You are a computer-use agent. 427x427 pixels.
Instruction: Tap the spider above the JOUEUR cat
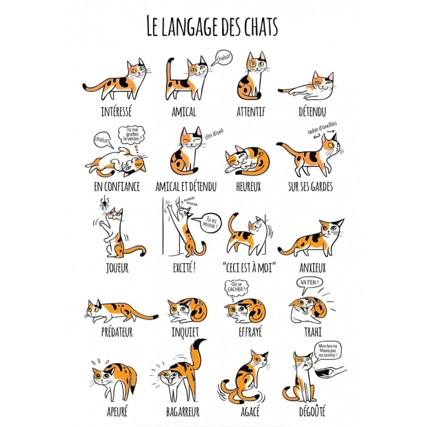point(104,202)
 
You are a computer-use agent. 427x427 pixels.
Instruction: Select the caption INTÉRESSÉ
point(116,112)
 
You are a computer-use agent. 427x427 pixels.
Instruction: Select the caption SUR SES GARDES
point(311,187)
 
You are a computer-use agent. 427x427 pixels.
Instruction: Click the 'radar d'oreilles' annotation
point(322,128)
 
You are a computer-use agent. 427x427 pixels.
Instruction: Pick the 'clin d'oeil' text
point(214,134)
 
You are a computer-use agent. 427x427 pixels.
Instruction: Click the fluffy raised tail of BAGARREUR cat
point(196,354)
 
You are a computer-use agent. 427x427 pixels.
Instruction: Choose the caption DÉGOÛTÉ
point(312,411)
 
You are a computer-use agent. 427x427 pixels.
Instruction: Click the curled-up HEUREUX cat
point(247,161)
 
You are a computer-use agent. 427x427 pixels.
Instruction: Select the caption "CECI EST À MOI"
point(249,268)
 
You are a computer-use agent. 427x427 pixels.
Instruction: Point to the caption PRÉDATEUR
point(117,332)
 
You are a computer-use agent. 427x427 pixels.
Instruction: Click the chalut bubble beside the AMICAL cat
point(222,58)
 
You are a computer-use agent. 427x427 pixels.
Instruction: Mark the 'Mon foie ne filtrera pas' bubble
point(328,352)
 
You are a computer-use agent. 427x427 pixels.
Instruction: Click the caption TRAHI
point(313,332)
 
